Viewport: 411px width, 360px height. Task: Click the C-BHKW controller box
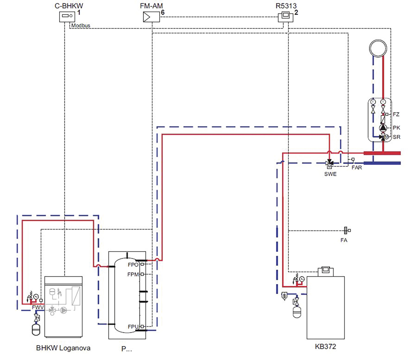point(67,17)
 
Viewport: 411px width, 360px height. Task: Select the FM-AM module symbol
point(151,17)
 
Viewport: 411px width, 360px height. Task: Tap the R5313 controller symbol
point(285,17)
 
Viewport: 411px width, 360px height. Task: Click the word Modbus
point(81,26)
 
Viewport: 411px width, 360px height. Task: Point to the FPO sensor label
point(133,265)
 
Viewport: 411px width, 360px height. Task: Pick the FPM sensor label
point(133,274)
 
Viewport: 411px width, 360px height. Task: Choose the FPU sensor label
point(133,327)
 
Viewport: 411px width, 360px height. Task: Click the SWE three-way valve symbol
point(329,164)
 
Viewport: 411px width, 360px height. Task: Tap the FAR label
point(357,168)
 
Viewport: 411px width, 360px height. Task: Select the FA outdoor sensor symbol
point(347,231)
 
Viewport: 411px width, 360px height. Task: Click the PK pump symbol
point(383,128)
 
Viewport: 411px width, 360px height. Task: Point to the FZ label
point(396,115)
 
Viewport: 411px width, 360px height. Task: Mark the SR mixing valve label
point(397,137)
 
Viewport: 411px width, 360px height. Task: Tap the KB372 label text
point(325,346)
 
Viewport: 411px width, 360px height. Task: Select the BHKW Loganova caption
point(63,348)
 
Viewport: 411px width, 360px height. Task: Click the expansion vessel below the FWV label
point(36,330)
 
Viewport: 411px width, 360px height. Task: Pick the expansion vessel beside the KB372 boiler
point(297,312)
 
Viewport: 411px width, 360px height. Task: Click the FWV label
point(38,307)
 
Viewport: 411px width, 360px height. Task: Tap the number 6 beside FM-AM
point(162,12)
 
